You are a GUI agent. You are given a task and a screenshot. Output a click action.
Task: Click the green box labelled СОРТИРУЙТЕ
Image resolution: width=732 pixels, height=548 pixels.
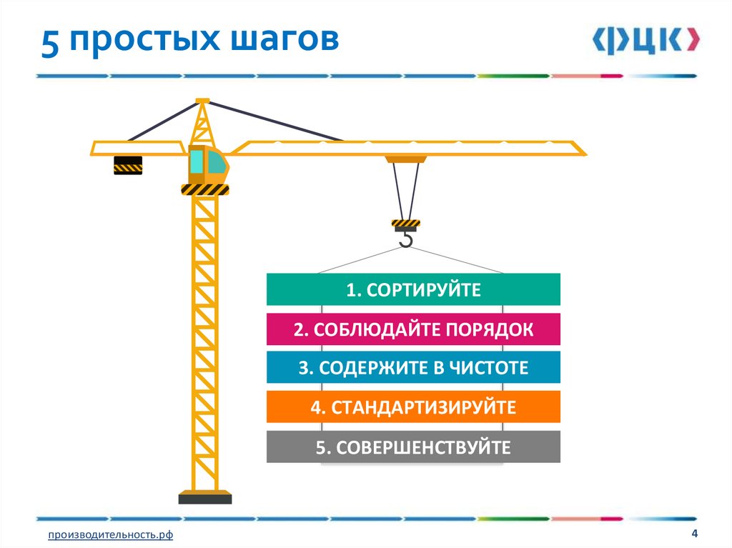413,289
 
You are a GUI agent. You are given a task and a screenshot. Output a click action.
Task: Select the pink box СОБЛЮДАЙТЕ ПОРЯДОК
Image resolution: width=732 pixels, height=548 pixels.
413,329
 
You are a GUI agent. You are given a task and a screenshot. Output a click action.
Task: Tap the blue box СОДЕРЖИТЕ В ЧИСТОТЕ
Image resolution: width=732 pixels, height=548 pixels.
413,368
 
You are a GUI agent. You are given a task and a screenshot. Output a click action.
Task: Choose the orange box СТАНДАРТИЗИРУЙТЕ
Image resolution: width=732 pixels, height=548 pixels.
413,407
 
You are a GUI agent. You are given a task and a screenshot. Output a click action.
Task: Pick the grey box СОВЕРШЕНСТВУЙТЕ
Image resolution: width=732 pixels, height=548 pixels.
413,447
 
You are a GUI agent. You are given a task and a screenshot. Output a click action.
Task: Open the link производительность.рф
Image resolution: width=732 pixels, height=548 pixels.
111,535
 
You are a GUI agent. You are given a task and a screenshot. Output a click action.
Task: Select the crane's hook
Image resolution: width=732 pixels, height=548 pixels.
406,239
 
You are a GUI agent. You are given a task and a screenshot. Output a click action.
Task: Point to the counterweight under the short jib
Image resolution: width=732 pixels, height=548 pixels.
128,165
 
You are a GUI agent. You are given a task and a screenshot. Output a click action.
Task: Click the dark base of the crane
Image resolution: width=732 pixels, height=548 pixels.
204,497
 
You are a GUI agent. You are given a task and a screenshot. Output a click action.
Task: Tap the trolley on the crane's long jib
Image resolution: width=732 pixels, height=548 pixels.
405,159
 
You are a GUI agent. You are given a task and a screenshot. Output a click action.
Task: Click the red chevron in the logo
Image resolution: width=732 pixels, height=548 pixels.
691,41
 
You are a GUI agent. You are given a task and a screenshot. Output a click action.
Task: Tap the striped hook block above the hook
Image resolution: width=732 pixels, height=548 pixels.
405,224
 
